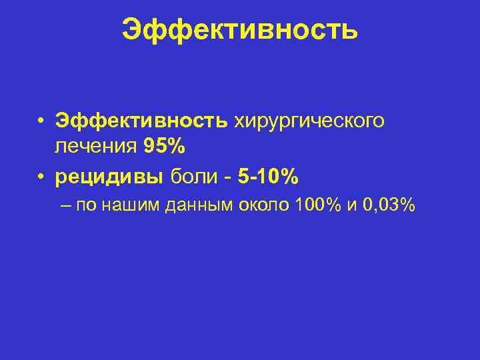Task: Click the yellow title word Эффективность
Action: (240, 29)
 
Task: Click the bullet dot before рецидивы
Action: (41, 177)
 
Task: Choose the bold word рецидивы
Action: (111, 177)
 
